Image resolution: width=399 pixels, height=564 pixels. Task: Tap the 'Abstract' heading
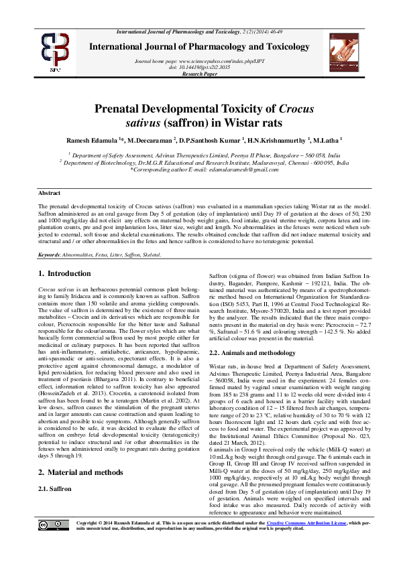pyautogui.click(x=50, y=193)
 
